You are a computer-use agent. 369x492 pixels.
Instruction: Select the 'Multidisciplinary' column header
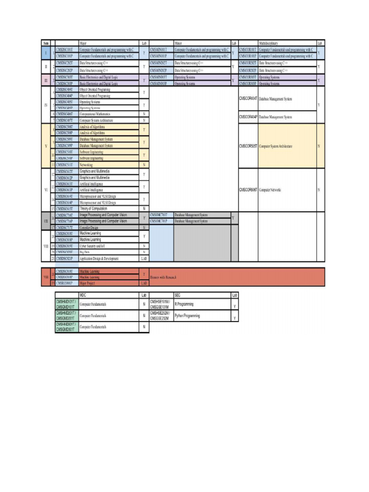[x=268, y=43]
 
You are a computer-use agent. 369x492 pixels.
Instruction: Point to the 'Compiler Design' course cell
[x=89, y=227]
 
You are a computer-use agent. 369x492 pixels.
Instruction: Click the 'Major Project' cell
[x=87, y=283]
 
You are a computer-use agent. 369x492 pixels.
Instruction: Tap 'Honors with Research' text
[x=163, y=277]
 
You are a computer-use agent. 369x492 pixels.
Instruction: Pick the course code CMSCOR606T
[x=248, y=190]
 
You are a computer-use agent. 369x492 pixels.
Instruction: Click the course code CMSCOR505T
[x=248, y=146]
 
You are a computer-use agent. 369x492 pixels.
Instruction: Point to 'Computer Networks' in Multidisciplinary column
[x=270, y=190]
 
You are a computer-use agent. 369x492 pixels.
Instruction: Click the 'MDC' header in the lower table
[x=83, y=295]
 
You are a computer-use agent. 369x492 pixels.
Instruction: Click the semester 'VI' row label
[x=46, y=190]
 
